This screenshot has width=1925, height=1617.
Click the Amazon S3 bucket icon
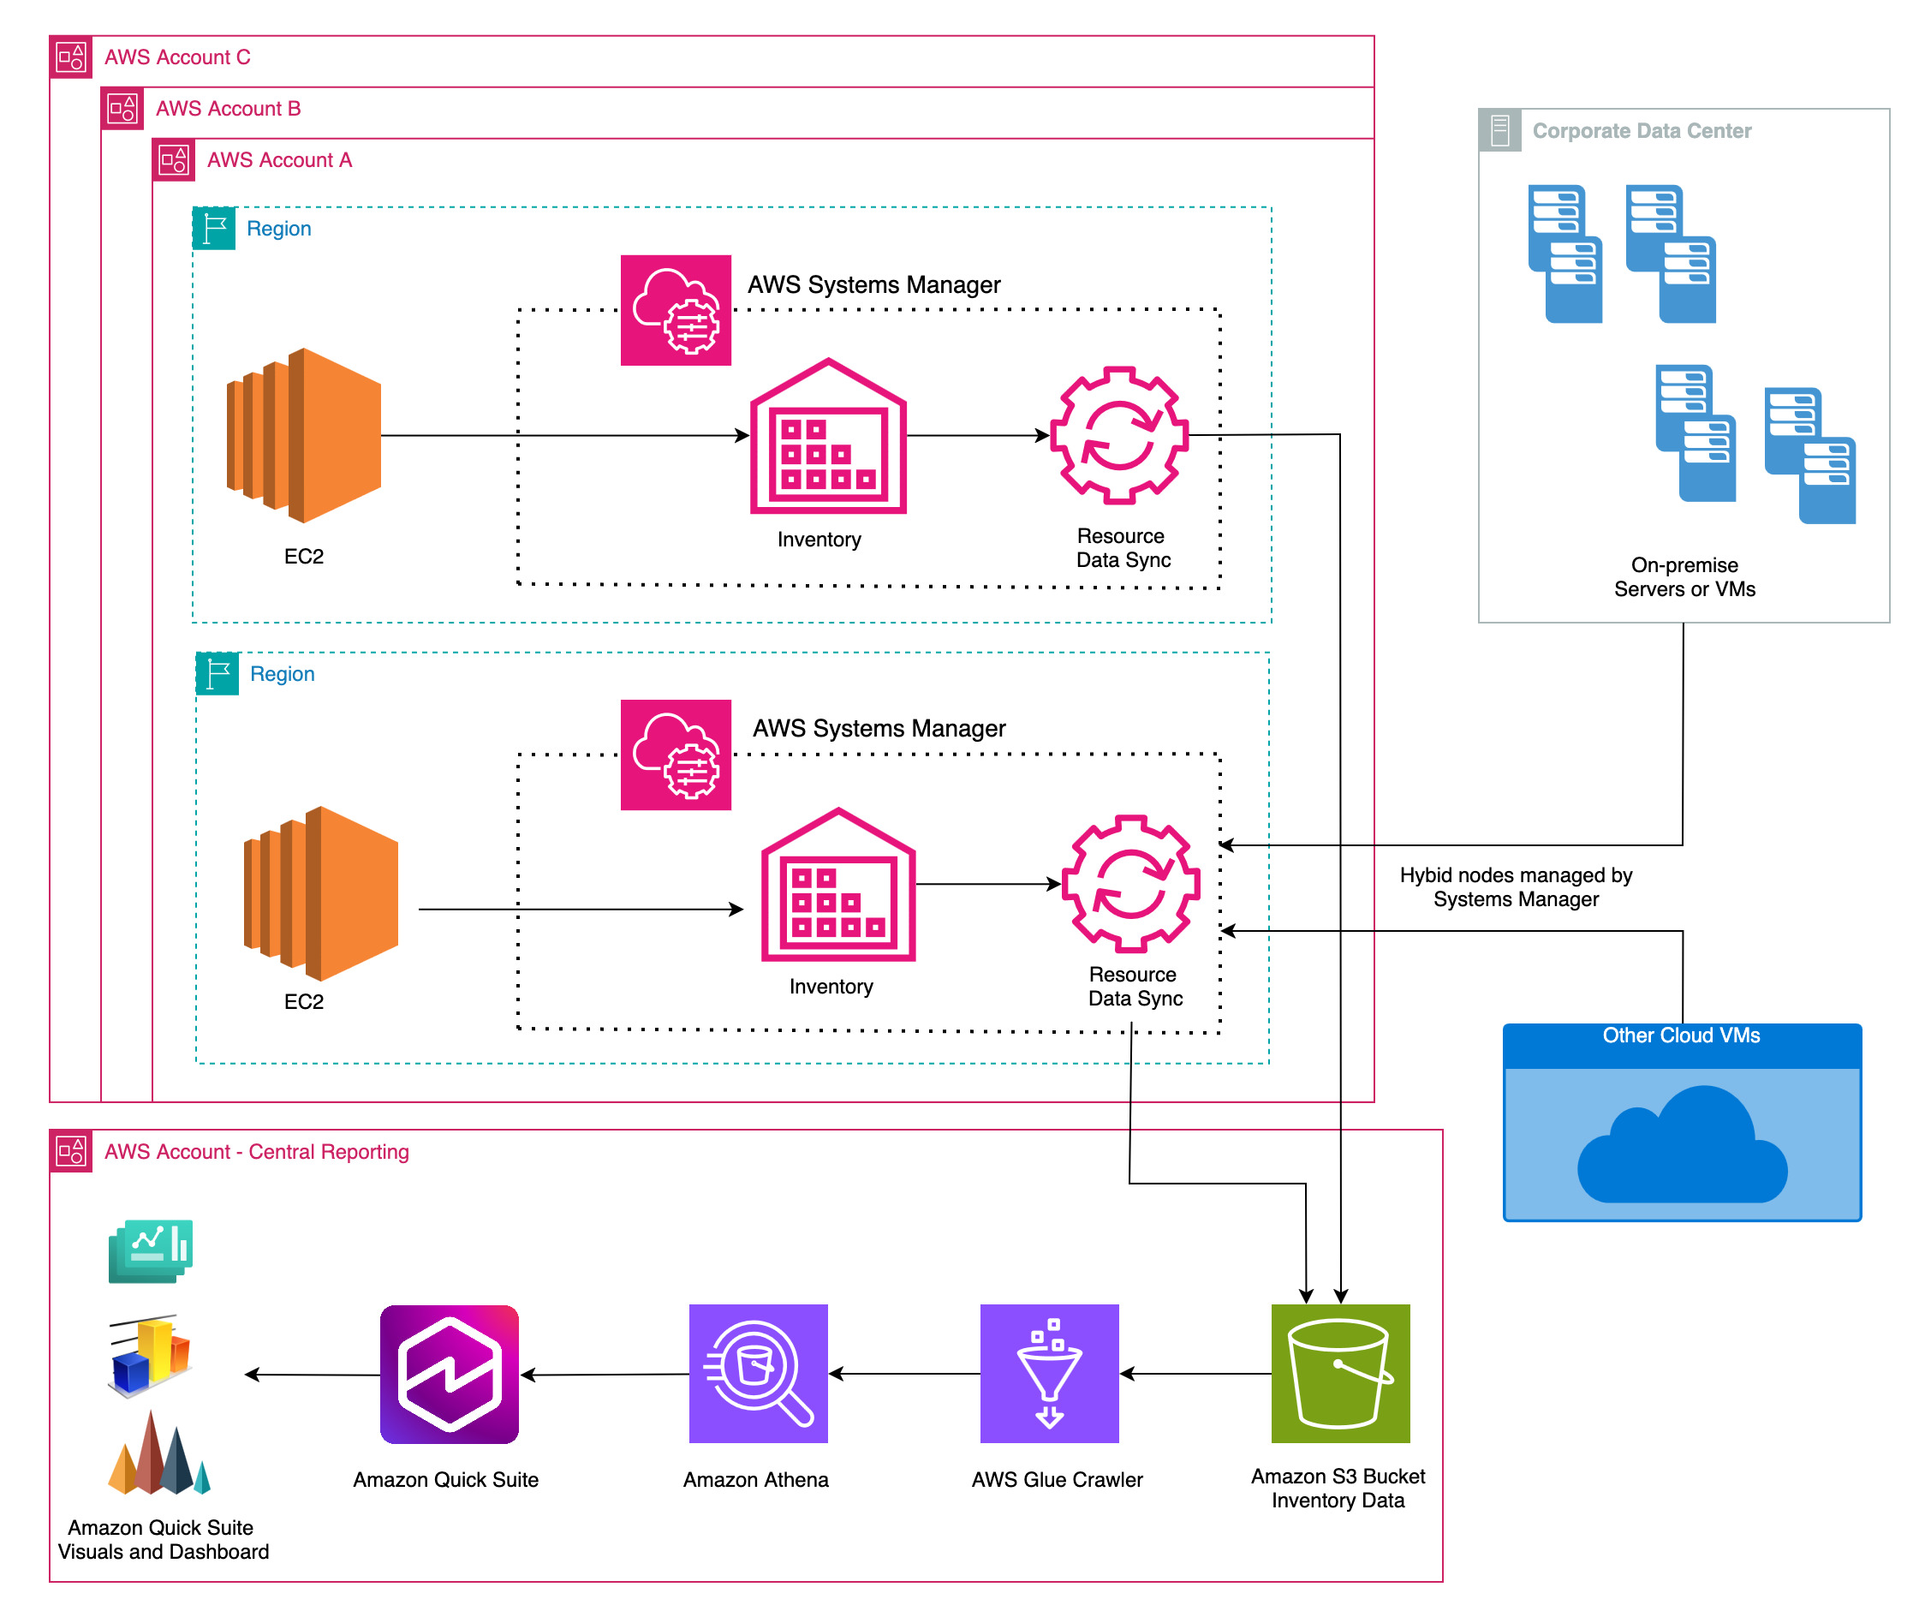pos(1340,1373)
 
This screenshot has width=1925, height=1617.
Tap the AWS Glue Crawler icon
pos(1050,1373)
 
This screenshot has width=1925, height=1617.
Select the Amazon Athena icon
pos(758,1373)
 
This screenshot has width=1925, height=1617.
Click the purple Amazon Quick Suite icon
pos(450,1374)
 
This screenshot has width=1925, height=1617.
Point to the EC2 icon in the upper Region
pos(304,435)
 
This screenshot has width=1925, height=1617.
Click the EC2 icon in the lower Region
pos(321,894)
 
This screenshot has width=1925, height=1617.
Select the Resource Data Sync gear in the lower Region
pos(1130,884)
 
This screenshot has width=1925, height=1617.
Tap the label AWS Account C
pos(177,57)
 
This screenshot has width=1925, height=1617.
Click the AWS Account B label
pos(229,108)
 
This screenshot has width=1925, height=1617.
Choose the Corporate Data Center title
pos(1641,131)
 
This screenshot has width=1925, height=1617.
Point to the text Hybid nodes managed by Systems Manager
pos(1515,887)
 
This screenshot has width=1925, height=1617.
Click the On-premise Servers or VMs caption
pos(1684,577)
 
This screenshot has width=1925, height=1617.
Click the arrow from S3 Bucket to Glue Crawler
pos(1195,1373)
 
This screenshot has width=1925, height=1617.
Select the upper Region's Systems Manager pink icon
pos(676,310)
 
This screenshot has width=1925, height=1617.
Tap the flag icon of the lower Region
pos(218,674)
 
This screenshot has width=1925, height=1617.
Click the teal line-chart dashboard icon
pos(152,1250)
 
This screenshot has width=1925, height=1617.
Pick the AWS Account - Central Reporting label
pos(257,1151)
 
